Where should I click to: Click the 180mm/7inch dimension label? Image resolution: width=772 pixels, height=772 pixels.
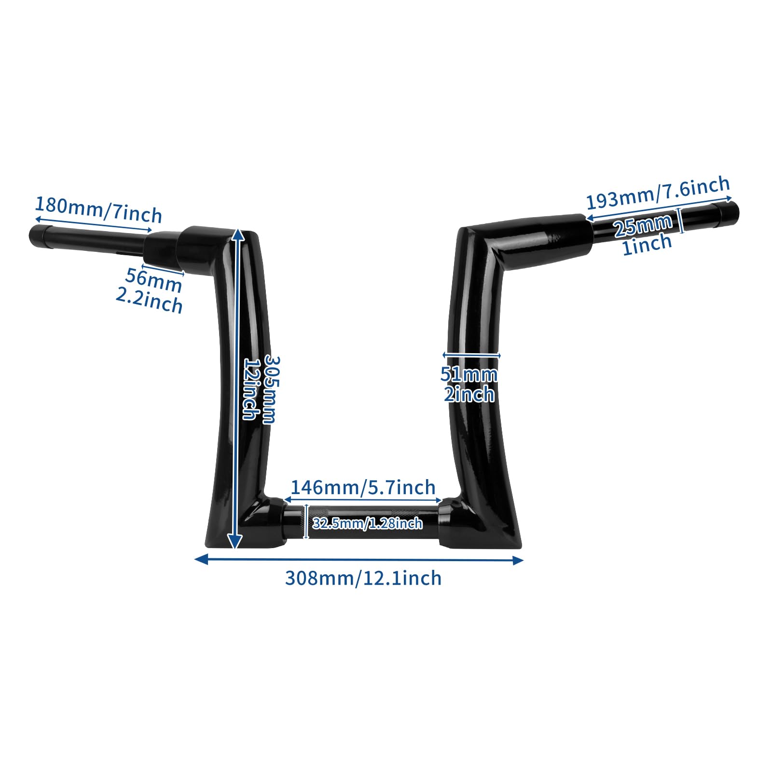click(x=98, y=209)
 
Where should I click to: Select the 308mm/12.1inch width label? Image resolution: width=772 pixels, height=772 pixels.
click(x=363, y=578)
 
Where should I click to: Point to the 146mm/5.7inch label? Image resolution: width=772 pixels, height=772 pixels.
click(x=363, y=488)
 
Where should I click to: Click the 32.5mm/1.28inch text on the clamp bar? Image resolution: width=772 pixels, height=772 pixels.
click(x=368, y=523)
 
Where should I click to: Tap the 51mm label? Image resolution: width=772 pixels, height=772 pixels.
click(x=469, y=374)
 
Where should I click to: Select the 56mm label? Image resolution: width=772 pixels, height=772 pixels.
click(x=153, y=280)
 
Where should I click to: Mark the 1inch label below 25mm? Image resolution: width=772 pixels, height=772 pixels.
click(x=647, y=244)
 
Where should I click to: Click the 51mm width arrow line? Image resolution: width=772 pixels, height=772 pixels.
click(x=471, y=356)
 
